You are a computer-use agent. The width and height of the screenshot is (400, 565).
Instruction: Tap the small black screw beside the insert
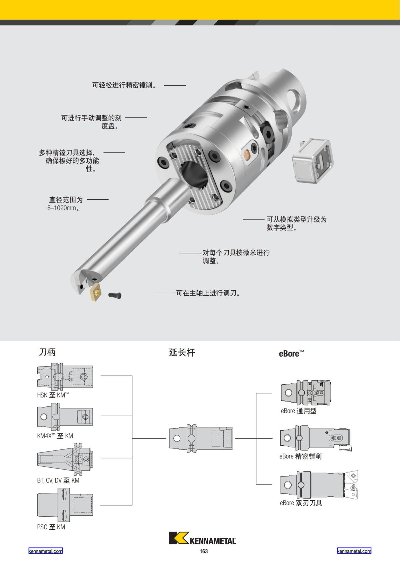tap(115, 295)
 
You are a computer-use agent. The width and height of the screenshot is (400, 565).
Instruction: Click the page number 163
tap(204, 551)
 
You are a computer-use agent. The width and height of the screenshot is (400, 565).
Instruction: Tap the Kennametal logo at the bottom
tap(203, 538)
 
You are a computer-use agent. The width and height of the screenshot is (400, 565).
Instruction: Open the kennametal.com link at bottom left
tap(45, 551)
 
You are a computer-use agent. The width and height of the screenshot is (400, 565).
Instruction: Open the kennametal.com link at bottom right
tap(354, 551)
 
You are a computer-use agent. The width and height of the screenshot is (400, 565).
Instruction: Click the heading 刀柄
tap(47, 352)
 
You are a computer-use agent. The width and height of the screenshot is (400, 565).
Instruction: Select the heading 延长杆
tap(182, 352)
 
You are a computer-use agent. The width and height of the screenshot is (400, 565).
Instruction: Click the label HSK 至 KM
tap(53, 395)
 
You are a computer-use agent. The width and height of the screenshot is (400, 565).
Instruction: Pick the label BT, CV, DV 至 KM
tap(58, 480)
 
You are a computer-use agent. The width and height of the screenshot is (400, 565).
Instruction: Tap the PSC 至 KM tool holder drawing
tap(65, 505)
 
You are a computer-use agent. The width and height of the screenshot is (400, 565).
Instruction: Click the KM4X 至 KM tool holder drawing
tap(65, 416)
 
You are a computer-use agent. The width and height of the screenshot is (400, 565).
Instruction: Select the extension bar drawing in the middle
tap(200, 438)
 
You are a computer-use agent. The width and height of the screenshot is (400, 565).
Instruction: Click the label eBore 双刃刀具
tap(301, 503)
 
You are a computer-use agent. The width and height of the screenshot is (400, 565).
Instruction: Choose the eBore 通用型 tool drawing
tap(306, 393)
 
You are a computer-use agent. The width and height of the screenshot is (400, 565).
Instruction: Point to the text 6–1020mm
tap(63, 208)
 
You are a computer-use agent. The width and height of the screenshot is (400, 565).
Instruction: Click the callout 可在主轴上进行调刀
tap(208, 293)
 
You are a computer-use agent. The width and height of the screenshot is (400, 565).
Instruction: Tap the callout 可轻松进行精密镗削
tap(124, 85)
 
